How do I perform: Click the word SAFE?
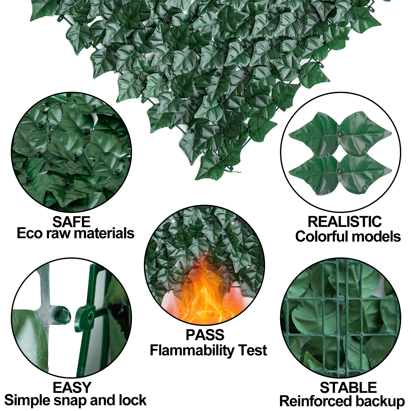tap(71, 222)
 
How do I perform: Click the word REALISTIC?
tap(344, 222)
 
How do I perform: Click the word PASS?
tap(205, 335)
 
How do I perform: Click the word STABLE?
tap(348, 387)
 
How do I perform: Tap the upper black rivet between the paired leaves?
tap(340, 134)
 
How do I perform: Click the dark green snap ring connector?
tap(86, 317)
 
